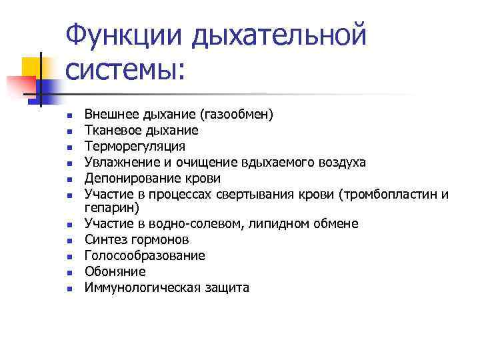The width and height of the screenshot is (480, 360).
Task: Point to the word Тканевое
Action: click(x=109, y=131)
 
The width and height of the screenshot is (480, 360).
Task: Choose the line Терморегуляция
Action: click(x=135, y=147)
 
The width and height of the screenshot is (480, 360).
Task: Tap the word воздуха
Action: click(x=340, y=163)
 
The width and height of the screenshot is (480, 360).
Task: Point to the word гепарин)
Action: click(x=111, y=207)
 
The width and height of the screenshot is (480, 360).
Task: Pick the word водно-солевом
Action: click(x=204, y=223)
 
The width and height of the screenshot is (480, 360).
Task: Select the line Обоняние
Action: click(x=115, y=272)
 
